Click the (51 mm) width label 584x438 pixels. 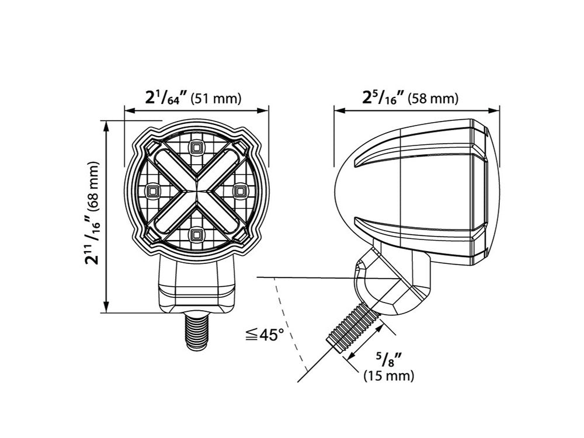216,99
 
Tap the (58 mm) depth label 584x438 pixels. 433,99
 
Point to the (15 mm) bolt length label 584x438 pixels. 388,376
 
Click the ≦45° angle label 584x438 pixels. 265,335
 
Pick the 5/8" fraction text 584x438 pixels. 388,357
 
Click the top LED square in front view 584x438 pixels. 196,146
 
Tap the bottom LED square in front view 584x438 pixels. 196,235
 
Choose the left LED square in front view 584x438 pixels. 153,190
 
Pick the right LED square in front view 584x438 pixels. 239,190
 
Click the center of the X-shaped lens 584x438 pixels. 196,190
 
